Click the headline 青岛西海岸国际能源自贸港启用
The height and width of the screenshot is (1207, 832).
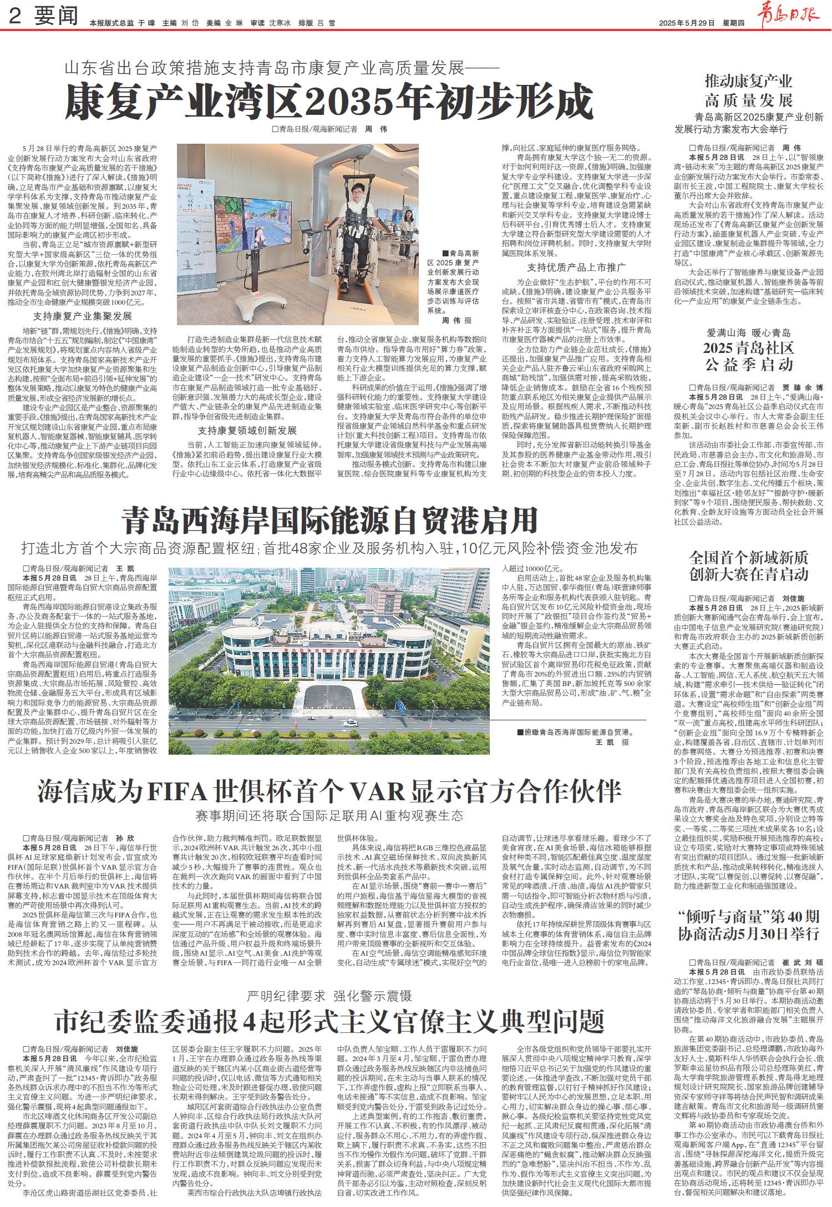[x=331, y=520]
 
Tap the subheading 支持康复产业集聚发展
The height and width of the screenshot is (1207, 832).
[x=82, y=316]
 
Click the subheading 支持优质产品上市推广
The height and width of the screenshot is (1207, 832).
[x=577, y=266]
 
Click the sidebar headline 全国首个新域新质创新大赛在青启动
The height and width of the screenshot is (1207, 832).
[x=749, y=566]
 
